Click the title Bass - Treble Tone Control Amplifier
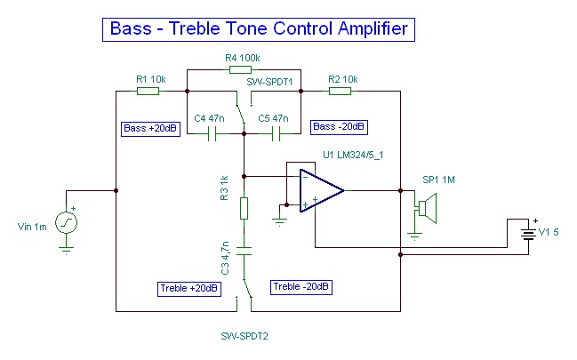point(258,28)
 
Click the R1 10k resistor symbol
point(148,90)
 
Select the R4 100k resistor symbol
point(241,68)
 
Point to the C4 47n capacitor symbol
point(212,134)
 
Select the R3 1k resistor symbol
point(244,209)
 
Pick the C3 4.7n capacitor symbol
point(244,249)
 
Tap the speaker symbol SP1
point(428,210)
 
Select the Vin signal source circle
point(66,222)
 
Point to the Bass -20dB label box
point(338,126)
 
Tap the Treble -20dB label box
point(301,286)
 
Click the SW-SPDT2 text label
point(244,337)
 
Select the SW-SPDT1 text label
point(268,80)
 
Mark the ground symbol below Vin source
point(66,250)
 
